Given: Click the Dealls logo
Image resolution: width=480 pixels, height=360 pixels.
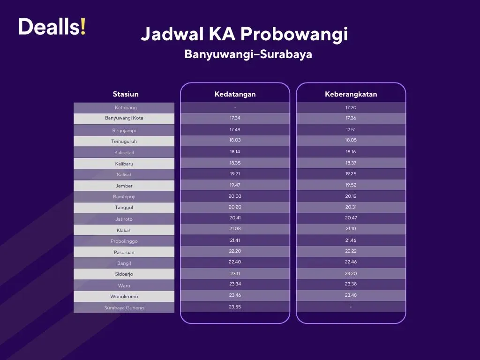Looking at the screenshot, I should (52, 27).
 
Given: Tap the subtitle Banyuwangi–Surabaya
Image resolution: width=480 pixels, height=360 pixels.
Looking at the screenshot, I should (248, 54).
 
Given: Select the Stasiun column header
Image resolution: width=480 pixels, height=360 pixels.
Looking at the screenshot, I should (126, 94).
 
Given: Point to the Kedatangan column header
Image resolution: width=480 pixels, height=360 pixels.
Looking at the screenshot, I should (235, 94).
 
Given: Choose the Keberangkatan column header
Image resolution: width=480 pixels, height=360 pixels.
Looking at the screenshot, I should (351, 94).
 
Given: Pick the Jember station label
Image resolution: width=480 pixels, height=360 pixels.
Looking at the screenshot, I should (124, 186).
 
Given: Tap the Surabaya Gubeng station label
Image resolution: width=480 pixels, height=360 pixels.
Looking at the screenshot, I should (124, 308).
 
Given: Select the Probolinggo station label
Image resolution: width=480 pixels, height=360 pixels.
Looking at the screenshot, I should (124, 241).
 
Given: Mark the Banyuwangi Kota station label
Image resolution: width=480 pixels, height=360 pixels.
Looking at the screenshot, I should (124, 118).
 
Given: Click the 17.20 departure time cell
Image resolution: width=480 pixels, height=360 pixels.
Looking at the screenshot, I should (351, 108).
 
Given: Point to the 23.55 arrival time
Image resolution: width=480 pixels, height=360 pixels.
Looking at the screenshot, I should (235, 307).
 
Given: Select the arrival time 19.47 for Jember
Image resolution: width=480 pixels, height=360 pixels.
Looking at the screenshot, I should (235, 185).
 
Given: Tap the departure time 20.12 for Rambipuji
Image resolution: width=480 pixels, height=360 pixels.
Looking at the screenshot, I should (351, 196).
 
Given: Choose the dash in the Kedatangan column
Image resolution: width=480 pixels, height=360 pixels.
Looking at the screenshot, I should (235, 108).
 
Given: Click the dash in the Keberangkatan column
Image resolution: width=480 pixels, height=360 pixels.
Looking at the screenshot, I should (351, 307).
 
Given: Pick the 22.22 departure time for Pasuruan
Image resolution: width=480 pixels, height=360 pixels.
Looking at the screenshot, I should (351, 251).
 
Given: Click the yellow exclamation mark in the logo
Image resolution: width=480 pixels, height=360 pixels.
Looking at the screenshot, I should (83, 27).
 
